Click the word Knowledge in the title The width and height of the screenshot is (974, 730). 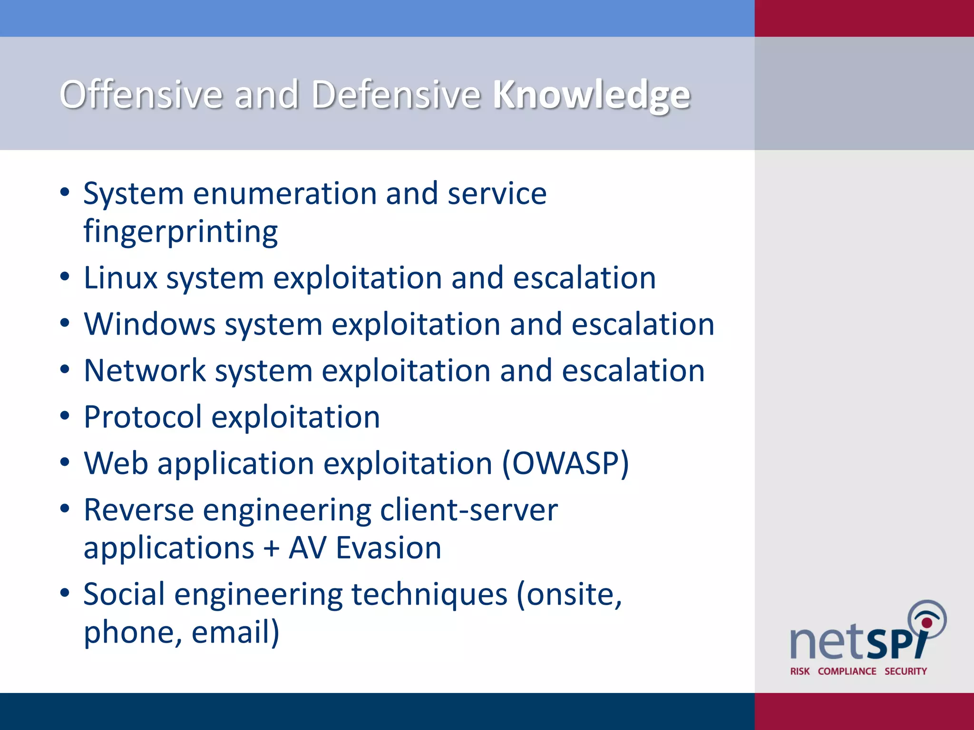pos(591,95)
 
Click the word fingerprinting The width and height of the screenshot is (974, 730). pos(181,232)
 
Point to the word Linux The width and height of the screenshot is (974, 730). pos(120,278)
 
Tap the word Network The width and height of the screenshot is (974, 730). pos(145,371)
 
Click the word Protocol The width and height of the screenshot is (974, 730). pos(143,417)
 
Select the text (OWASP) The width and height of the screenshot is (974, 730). pos(565,463)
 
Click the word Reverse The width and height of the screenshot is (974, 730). pos(138,510)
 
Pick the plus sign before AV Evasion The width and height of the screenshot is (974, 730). pos(271,548)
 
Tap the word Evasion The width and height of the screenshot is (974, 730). pos(389,548)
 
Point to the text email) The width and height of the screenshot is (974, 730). pos(235,632)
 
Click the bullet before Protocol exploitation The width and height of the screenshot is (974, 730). pos(65,416)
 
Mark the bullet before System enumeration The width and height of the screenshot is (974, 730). pos(65,192)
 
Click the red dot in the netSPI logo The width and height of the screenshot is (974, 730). pos(926,622)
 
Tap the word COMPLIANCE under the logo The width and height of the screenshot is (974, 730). pos(847,671)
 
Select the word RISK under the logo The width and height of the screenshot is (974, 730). pos(799,671)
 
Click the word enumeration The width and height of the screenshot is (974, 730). pos(285,194)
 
